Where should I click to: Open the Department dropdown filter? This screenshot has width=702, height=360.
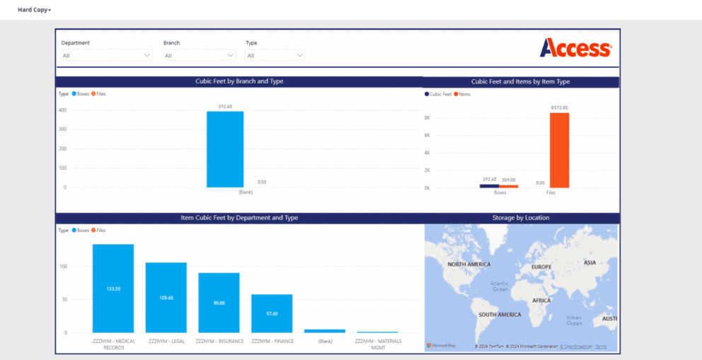(x=106, y=55)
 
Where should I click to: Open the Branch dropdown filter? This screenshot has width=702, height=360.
(x=199, y=55)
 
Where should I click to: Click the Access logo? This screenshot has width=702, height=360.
(x=575, y=48)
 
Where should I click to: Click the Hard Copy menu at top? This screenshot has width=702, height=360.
(x=34, y=10)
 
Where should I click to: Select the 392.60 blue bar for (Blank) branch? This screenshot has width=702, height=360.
(x=225, y=149)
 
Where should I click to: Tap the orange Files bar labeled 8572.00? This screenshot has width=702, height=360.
(x=559, y=150)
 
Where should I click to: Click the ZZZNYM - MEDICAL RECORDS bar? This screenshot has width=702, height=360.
(x=113, y=289)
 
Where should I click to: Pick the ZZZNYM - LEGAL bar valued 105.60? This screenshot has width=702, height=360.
(x=166, y=297)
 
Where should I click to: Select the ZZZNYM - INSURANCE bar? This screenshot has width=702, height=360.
(x=219, y=303)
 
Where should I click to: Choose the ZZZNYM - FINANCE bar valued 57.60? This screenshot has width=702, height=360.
(x=272, y=313)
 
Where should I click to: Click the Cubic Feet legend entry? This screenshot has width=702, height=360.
(x=440, y=94)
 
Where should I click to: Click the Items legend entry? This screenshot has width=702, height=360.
(x=464, y=94)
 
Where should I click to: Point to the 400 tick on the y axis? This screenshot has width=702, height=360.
(x=62, y=110)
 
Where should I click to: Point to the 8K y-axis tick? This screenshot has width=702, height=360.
(x=427, y=118)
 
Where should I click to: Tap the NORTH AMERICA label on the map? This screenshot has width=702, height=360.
(x=468, y=264)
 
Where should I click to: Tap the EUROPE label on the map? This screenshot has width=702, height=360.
(x=541, y=267)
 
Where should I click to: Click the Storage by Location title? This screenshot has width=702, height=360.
(x=521, y=218)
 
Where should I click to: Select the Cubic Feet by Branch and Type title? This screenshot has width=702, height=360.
(x=239, y=81)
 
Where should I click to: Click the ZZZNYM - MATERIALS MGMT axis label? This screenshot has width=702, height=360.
(x=377, y=344)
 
